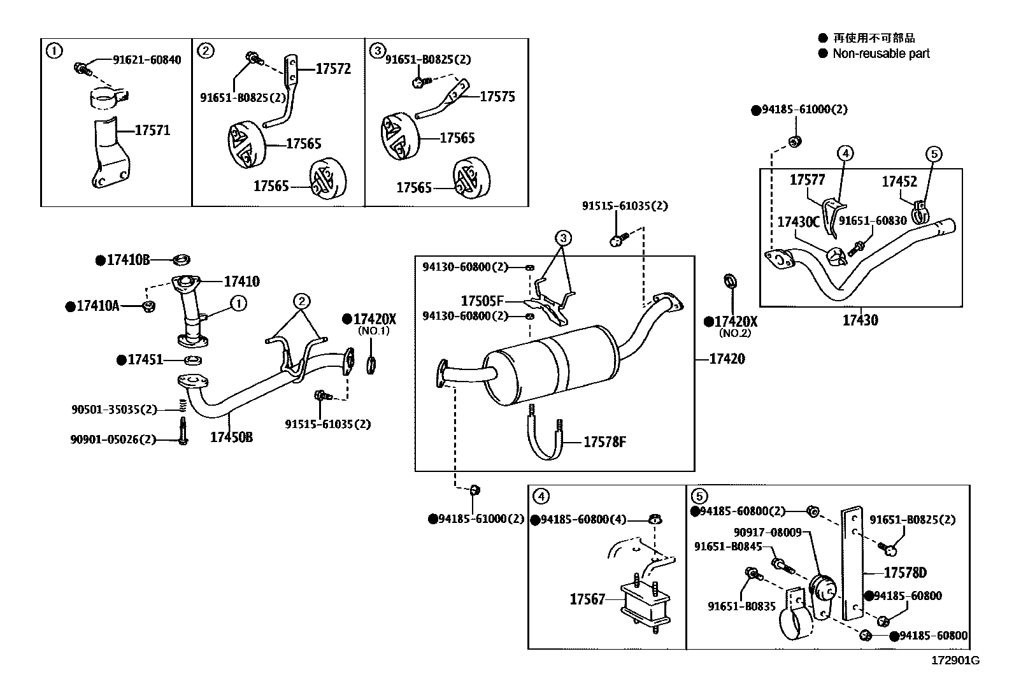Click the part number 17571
152,131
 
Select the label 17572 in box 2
333,69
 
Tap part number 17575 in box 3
497,97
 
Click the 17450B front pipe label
231,438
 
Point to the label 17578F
604,441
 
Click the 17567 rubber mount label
587,599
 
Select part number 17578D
904,573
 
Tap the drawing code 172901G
955,661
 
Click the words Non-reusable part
881,54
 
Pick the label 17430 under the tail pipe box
860,320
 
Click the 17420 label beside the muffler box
727,359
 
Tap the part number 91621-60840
146,60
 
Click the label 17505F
482,301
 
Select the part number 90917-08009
767,532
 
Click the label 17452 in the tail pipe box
899,182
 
